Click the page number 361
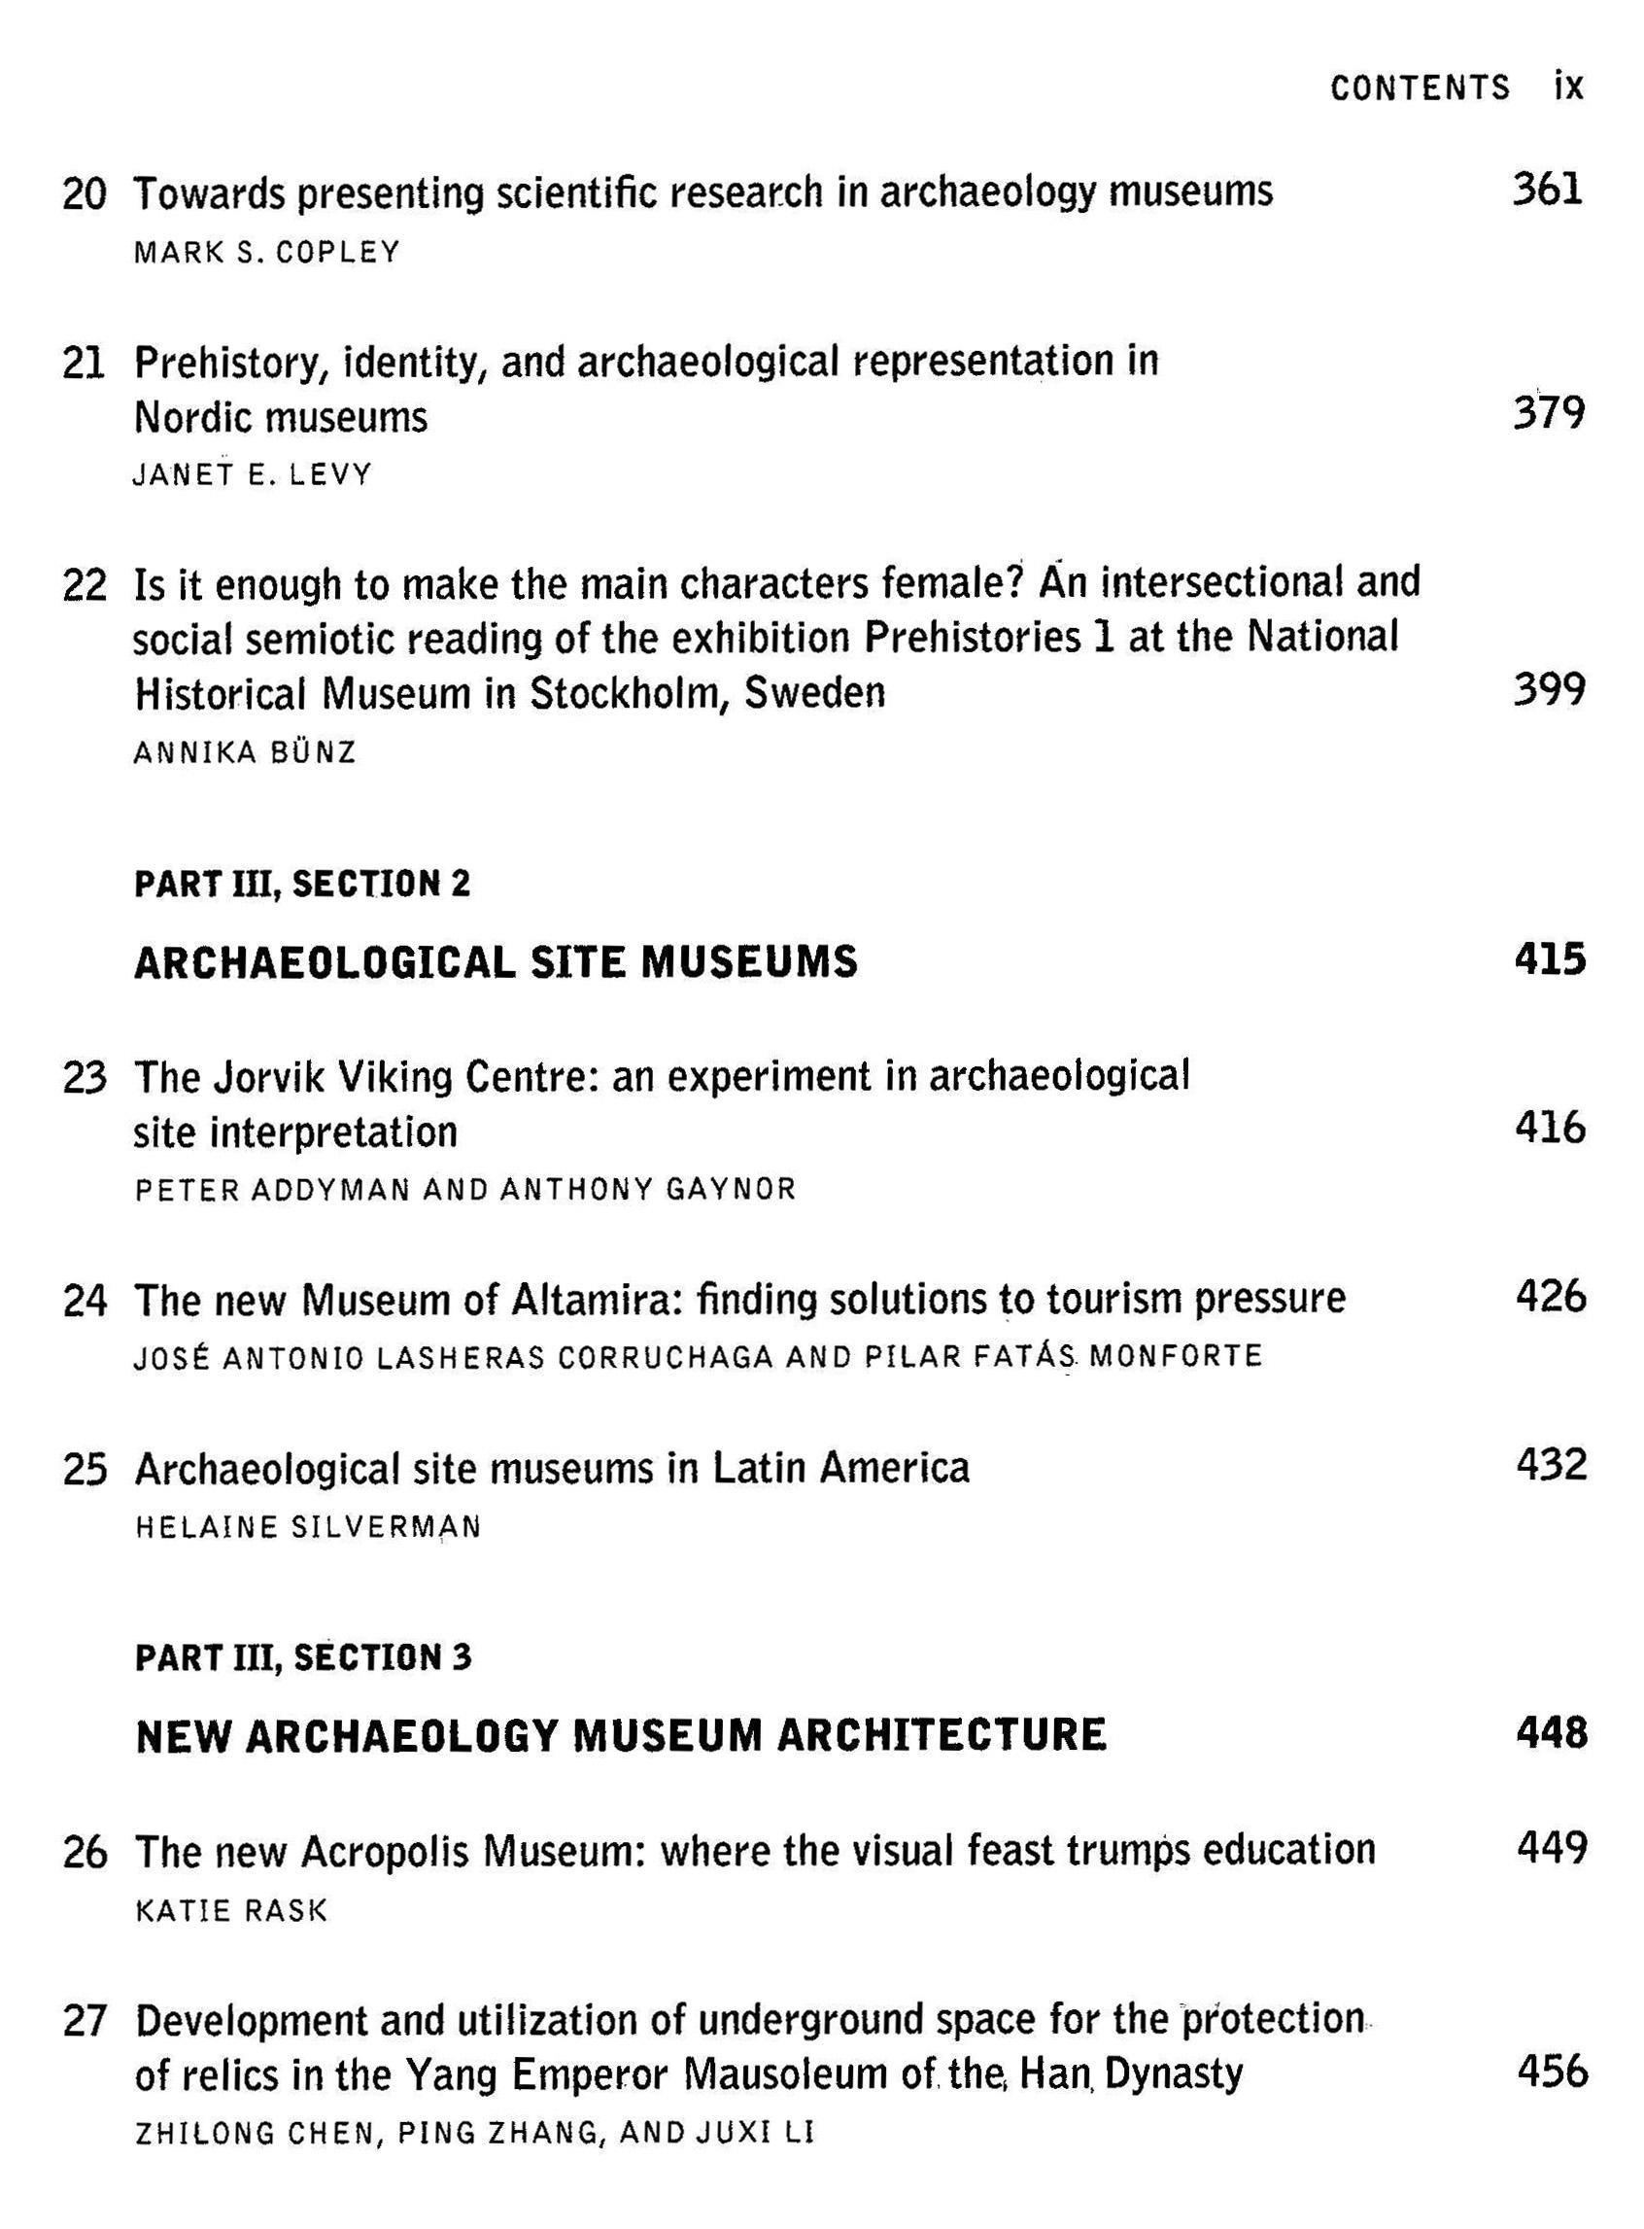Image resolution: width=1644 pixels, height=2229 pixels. [x=1548, y=190]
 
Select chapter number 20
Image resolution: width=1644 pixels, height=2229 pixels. [x=84, y=193]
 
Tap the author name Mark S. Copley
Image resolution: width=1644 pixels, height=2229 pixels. [x=266, y=253]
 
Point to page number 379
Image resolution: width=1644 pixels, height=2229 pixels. [x=1549, y=412]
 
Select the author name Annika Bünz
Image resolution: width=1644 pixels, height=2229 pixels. [x=245, y=752]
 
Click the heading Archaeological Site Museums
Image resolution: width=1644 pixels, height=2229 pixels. [x=496, y=961]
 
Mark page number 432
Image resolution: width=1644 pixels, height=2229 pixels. [x=1551, y=1466]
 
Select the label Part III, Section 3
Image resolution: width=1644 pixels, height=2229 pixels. [x=303, y=1657]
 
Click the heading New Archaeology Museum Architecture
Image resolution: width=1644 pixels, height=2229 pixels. [x=621, y=1735]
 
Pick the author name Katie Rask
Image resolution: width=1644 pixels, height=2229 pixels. [x=231, y=1910]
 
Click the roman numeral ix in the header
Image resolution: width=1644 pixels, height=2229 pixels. [x=1567, y=87]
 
